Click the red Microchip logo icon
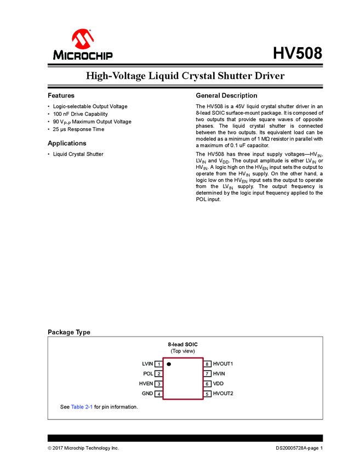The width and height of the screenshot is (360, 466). tap(82, 39)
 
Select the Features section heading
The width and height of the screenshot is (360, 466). tap(61, 95)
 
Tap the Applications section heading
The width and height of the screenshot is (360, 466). tap(67, 143)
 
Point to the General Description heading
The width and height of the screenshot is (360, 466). tap(226, 95)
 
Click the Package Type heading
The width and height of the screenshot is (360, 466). tap(69, 332)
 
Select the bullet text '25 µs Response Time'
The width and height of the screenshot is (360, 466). tap(78, 129)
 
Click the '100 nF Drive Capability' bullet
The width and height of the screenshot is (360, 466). tap(80, 114)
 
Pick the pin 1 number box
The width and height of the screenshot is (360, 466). tap(158, 364)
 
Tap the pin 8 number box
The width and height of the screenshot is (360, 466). tap(207, 364)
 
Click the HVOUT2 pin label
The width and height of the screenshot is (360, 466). tap(223, 394)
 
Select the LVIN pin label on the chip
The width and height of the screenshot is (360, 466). tap(147, 364)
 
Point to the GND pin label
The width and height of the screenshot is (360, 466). tap(147, 394)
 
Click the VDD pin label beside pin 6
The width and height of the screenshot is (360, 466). tap(218, 384)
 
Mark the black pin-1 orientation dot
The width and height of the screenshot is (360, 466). tap(169, 364)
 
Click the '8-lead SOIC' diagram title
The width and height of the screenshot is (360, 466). tap(182, 344)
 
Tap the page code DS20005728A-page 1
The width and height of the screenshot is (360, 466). tap(299, 448)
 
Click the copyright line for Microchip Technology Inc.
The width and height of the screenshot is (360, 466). tap(83, 448)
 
